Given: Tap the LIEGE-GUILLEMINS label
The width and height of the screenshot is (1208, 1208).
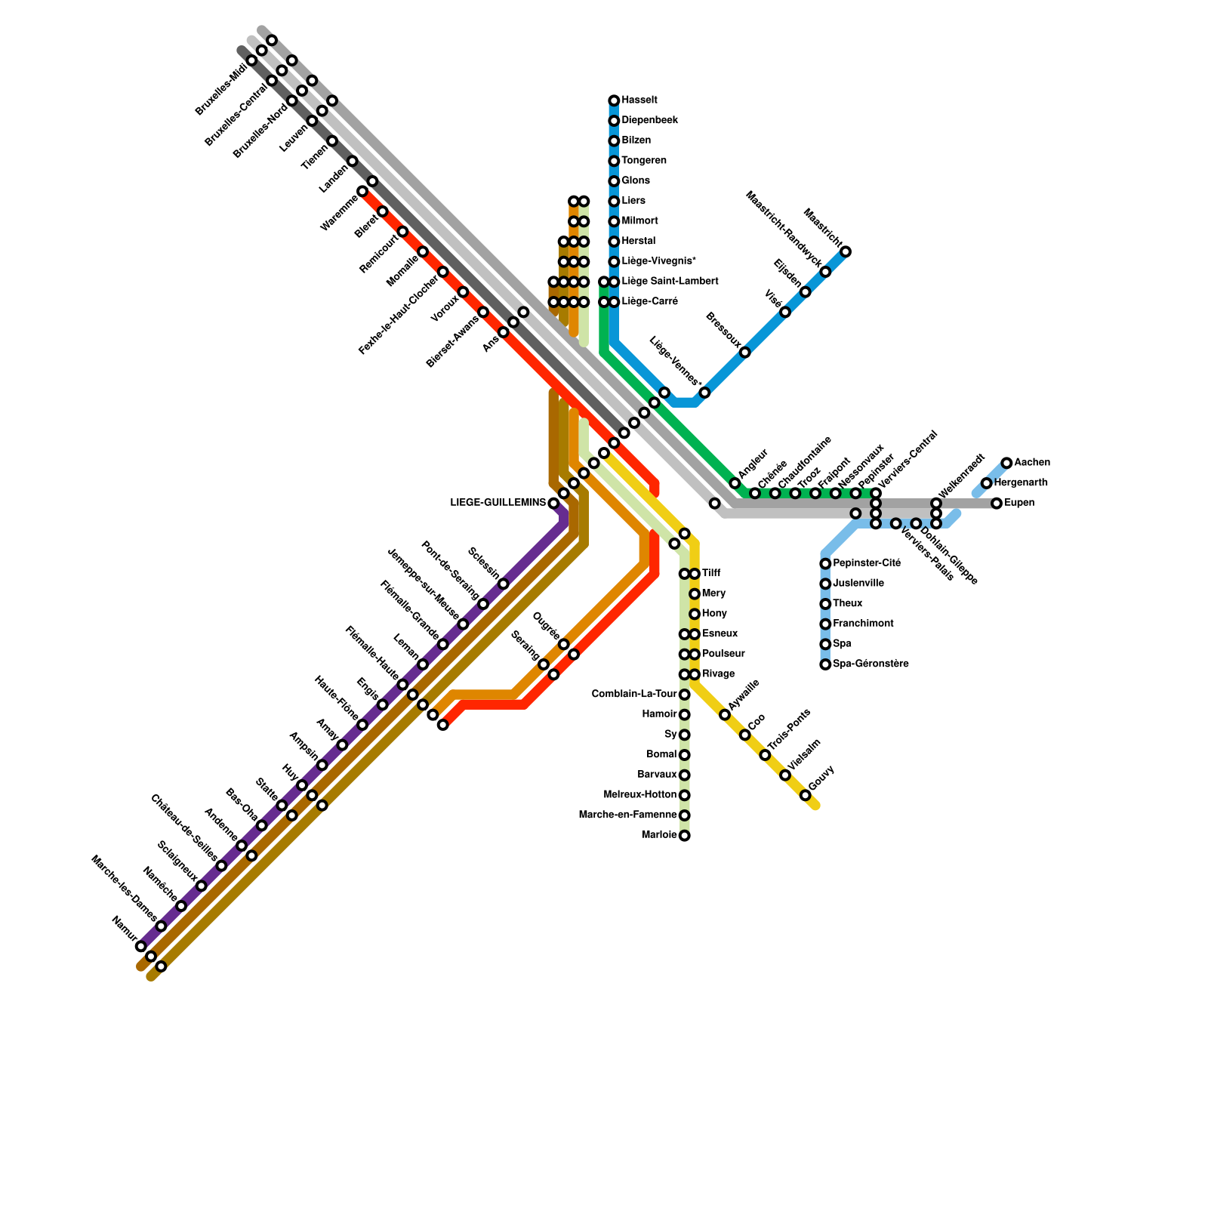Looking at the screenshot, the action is click(x=498, y=503).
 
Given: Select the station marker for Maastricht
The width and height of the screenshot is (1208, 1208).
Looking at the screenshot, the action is click(x=846, y=251).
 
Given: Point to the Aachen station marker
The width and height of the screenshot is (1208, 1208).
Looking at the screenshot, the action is click(x=1006, y=463).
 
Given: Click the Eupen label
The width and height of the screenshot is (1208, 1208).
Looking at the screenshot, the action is click(x=1018, y=503).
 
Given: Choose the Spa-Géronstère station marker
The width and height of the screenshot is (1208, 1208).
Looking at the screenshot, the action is click(x=825, y=664).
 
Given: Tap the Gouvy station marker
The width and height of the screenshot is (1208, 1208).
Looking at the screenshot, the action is click(x=805, y=795).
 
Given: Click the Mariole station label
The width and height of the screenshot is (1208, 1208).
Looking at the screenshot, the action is click(x=658, y=835).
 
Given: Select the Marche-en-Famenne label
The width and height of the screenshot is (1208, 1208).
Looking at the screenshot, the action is click(x=627, y=815).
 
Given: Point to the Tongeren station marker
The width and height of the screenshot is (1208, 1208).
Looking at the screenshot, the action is click(x=614, y=161).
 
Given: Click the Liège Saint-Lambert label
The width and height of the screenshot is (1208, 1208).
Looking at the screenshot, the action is click(x=670, y=282).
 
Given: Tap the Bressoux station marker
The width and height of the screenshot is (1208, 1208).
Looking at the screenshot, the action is click(x=744, y=353).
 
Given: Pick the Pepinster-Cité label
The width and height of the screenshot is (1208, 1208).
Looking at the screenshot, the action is click(x=867, y=563).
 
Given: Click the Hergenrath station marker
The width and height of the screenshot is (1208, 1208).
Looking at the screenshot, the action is click(x=986, y=483).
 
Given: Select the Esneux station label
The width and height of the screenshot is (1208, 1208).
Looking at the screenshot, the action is click(x=720, y=633).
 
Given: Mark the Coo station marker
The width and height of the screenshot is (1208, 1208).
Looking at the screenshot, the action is click(x=744, y=735).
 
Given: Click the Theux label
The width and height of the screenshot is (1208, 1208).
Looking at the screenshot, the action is click(x=847, y=604).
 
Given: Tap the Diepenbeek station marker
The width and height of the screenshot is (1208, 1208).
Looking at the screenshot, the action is click(x=614, y=121).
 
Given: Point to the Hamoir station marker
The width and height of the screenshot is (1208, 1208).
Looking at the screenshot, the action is click(x=684, y=714).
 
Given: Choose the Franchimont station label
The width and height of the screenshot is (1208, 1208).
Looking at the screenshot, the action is click(x=863, y=624).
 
